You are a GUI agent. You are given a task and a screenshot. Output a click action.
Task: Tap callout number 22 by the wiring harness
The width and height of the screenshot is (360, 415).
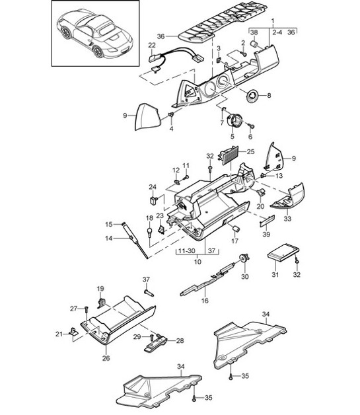coord(151,45)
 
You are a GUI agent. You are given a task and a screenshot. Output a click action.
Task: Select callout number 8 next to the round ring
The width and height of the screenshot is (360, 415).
coord(269,95)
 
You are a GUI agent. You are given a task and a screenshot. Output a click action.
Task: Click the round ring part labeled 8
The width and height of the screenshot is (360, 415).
coord(252,96)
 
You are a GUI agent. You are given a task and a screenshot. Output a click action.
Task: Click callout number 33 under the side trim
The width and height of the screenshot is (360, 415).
coord(287,219)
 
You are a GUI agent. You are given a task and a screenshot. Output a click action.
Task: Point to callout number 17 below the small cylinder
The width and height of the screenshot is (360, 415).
coord(233,242)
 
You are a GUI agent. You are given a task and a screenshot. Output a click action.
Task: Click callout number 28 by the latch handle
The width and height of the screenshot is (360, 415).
coord(180,341)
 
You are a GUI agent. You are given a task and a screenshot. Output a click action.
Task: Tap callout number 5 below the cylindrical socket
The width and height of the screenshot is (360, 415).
coord(233,137)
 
